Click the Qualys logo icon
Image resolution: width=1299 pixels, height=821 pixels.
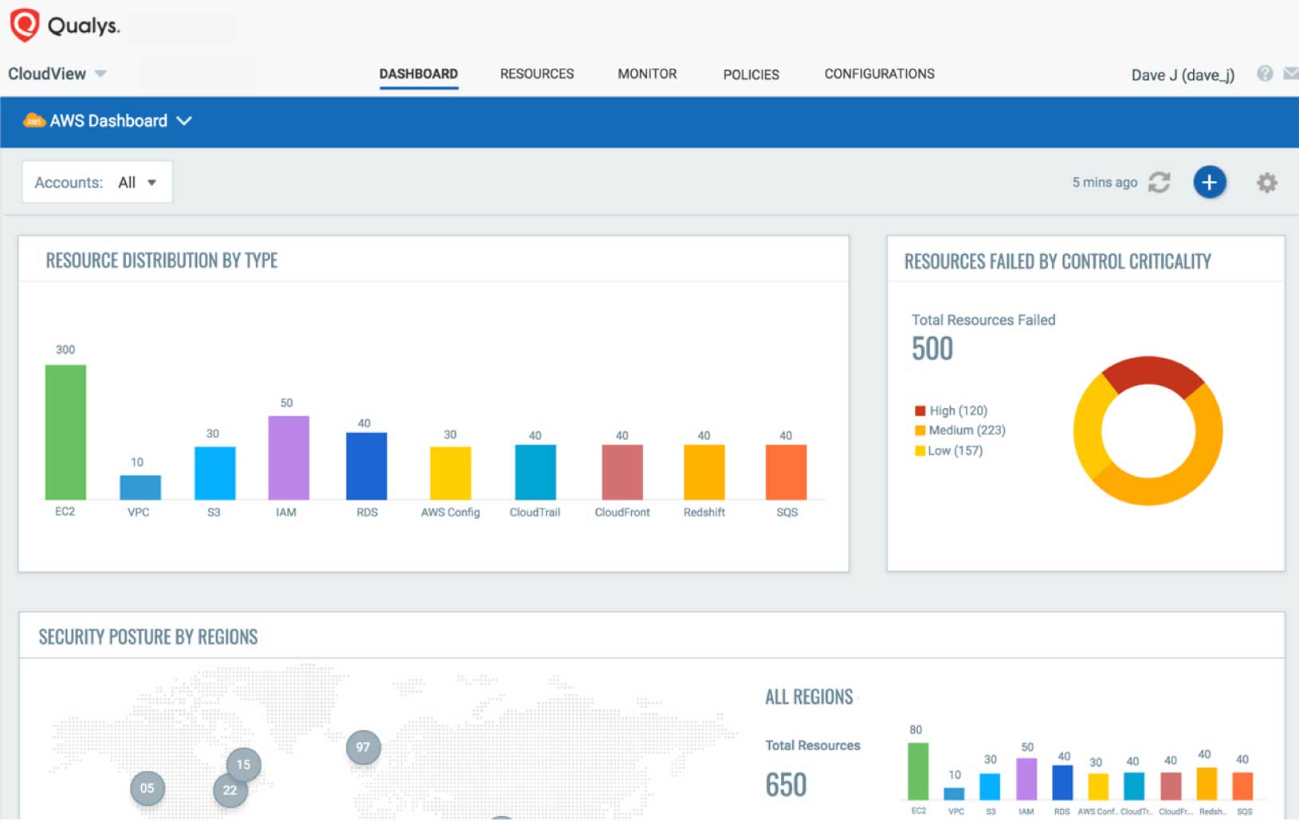click(x=25, y=25)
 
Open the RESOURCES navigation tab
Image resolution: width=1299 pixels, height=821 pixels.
click(x=536, y=74)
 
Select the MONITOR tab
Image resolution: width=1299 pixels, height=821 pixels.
click(x=647, y=74)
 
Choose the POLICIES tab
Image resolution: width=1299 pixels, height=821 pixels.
click(x=751, y=75)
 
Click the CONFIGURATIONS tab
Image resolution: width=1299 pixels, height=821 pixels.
click(x=879, y=74)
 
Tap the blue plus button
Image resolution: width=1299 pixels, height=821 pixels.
click(x=1209, y=183)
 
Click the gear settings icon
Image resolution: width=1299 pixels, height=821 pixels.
click(x=1266, y=183)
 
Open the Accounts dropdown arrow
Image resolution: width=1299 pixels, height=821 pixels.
click(x=151, y=183)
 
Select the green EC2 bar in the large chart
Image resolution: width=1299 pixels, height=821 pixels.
click(x=65, y=432)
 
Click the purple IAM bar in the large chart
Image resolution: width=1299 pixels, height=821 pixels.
click(x=288, y=458)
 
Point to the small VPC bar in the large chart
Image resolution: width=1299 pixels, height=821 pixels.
click(x=140, y=487)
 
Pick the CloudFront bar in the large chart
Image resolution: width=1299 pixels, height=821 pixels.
click(x=622, y=472)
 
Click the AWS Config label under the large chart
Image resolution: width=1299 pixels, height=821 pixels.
click(x=450, y=513)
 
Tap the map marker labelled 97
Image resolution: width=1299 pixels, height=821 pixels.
click(x=363, y=747)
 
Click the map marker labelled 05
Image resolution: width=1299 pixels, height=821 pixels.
click(x=147, y=788)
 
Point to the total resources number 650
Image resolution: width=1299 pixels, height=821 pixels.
click(x=786, y=785)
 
